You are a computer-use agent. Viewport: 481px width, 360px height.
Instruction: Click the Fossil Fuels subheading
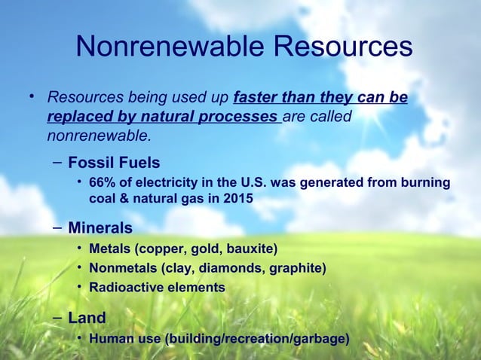(x=114, y=163)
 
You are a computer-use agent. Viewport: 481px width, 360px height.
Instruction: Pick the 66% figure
(x=102, y=183)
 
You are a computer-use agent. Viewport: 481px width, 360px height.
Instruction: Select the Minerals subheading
(x=100, y=227)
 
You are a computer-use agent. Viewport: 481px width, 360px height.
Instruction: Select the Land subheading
(x=87, y=317)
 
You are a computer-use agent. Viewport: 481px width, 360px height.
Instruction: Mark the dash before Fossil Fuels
(x=57, y=163)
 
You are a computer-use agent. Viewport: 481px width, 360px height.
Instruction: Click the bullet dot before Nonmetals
(x=79, y=268)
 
